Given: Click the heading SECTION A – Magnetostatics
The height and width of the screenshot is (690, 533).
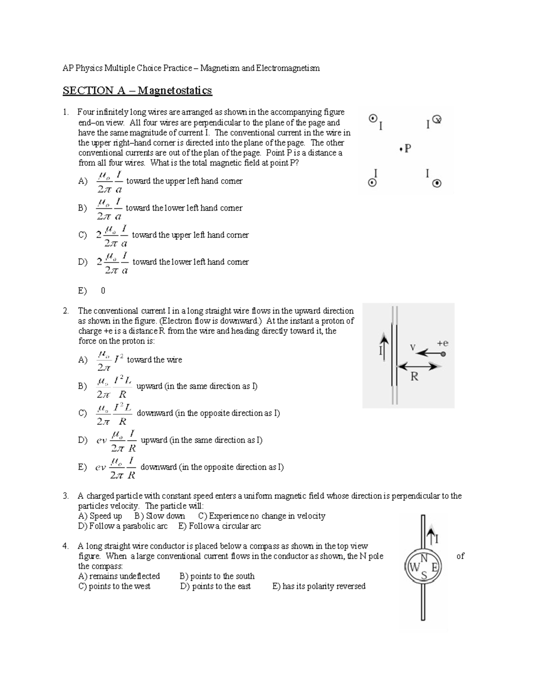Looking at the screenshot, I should point(137,91).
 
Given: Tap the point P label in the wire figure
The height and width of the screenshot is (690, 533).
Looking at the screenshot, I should point(406,149).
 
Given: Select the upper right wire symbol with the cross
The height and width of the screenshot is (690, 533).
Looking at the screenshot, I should point(437,119).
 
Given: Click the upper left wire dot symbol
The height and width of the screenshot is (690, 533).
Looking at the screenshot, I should point(373,119).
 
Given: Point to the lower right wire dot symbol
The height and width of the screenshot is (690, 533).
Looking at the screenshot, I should point(437,183).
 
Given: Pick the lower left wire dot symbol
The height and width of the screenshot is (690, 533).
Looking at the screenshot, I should point(373,183).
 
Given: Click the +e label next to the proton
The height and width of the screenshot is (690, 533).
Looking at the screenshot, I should point(442,343).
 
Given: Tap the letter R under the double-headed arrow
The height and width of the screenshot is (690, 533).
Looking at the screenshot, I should point(414,377).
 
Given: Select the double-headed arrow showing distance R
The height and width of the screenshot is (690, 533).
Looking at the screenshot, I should point(419,366).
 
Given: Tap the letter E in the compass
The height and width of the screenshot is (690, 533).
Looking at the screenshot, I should point(434,567).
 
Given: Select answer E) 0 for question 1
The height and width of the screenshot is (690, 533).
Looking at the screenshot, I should point(92,291).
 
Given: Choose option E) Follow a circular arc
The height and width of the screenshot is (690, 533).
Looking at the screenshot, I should point(219,526).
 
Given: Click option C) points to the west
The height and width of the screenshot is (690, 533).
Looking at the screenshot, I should point(114,586).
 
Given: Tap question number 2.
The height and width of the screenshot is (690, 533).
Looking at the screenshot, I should point(65,311).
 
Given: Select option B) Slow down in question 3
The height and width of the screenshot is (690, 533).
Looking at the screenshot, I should point(159,516).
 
